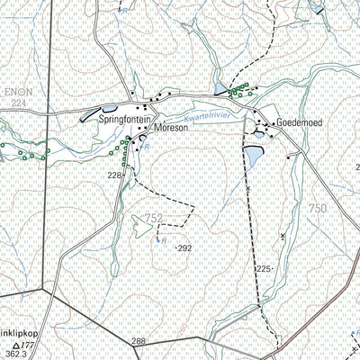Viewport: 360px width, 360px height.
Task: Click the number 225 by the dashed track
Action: (264, 269)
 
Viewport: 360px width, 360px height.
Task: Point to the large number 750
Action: (318, 208)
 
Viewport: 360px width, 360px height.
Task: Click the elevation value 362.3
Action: (14, 355)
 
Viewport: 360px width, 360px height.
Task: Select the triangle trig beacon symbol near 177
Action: (15, 345)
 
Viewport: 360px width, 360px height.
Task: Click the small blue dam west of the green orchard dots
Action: (221, 88)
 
